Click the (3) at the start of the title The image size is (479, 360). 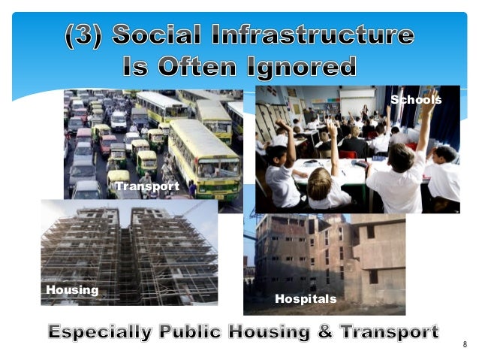coord(86,36)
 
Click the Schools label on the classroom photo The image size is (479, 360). coord(416,100)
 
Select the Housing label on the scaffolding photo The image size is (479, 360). coord(72,290)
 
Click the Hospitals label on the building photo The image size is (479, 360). coord(305,299)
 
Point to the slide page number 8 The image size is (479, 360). coord(465,344)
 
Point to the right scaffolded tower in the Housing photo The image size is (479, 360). coord(169,252)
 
